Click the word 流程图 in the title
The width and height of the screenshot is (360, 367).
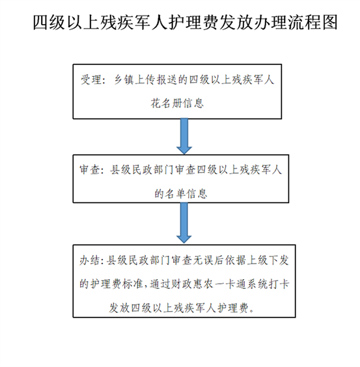(x=313, y=23)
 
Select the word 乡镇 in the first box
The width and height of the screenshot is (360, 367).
(x=124, y=80)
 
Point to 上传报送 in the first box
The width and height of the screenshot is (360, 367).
(x=156, y=80)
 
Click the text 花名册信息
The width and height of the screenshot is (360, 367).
(x=177, y=103)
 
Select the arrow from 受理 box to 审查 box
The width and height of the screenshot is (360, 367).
(x=184, y=136)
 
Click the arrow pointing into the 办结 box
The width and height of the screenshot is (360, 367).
(x=184, y=223)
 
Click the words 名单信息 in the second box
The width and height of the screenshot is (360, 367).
(x=186, y=193)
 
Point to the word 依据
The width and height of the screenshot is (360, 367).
(x=236, y=260)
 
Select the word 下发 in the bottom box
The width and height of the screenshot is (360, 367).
(x=279, y=260)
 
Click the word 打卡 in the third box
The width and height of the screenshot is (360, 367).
(x=279, y=284)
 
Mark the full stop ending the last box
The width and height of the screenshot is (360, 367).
(x=252, y=311)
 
